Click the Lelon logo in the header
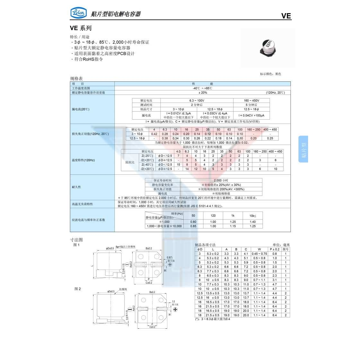[x=78, y=13]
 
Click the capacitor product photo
[x=268, y=47]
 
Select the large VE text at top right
[x=286, y=16]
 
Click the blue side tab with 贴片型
[x=303, y=149]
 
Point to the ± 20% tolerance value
[x=203, y=93]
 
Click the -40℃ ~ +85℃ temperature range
[x=202, y=88]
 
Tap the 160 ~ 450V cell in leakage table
[x=251, y=100]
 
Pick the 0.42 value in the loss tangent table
[x=154, y=134]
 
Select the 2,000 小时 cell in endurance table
[x=221, y=180]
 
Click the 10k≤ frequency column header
[x=253, y=216]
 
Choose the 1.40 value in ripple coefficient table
[x=253, y=222]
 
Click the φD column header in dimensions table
[x=200, y=249]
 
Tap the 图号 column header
[x=286, y=249]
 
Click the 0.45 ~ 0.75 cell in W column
[x=259, y=254]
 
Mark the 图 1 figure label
[x=76, y=245]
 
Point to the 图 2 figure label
[x=78, y=289]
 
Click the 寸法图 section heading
[x=76, y=239]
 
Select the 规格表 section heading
[x=76, y=79]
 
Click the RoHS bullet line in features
[x=87, y=59]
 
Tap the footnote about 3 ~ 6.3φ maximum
[x=213, y=319]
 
